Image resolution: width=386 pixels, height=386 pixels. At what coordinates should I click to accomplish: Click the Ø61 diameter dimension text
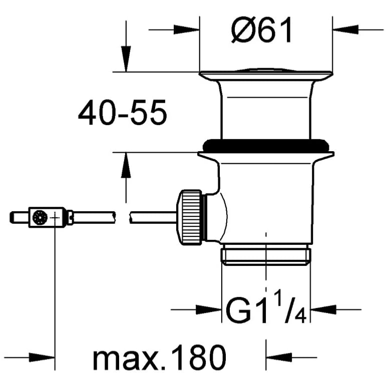coord(262,30)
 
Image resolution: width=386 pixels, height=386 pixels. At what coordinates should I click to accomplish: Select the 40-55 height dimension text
coord(123,112)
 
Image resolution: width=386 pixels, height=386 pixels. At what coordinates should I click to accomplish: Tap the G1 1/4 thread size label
coord(266,306)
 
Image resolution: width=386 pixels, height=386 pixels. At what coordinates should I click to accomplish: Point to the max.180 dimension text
coord(160,357)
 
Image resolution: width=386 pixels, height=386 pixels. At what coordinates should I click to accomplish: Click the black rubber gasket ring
coord(266,145)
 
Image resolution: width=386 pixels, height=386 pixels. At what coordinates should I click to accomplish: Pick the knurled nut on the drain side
coord(190,217)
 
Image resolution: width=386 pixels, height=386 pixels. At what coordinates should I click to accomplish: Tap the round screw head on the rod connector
coord(40,217)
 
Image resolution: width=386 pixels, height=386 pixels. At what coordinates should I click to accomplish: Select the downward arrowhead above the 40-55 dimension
coord(126,59)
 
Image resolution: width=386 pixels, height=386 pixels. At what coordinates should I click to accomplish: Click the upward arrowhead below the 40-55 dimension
coord(126,165)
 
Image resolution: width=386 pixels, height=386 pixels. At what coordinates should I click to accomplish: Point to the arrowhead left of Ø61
coord(186,30)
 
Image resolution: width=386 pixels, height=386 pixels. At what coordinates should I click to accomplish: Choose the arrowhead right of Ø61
coord(345,30)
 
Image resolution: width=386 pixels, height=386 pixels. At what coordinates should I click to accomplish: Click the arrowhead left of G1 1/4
coord(209,309)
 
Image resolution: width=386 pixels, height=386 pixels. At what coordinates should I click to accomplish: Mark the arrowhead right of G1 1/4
coord(323,309)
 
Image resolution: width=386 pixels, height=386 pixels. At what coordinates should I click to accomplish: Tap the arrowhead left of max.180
coord(42,357)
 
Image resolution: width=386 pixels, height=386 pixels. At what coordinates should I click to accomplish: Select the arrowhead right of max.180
coord(279,357)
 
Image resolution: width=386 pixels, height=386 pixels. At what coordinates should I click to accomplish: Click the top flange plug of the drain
coord(266,74)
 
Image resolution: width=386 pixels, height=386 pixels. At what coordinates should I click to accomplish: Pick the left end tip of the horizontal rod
coord(11,217)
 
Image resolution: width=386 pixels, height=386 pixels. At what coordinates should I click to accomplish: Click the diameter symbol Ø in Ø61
coord(243,30)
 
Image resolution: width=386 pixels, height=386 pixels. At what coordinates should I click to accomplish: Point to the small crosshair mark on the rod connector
coord(55,217)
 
